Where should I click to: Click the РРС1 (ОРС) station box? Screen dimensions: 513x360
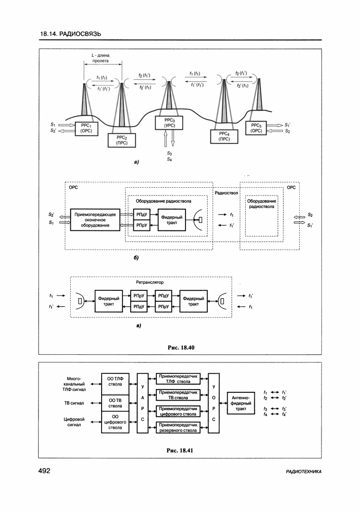point(86,127)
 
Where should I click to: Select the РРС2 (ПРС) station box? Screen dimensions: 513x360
point(122,140)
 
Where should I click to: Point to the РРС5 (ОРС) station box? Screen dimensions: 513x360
point(257,127)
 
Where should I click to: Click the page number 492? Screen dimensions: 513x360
point(44,471)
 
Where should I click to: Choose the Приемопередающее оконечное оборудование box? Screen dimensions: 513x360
point(95,220)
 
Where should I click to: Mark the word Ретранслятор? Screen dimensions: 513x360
point(149,282)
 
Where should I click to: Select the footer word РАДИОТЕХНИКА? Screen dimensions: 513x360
point(304,472)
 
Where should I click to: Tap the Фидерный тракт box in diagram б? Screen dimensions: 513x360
point(172,220)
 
